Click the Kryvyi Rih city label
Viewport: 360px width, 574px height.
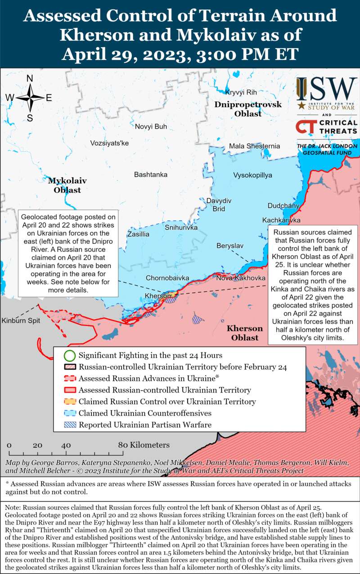(x=241, y=92)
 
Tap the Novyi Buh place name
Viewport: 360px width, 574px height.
(x=151, y=127)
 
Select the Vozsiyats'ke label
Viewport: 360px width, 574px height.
(x=109, y=143)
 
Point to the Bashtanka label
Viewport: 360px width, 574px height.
(x=151, y=174)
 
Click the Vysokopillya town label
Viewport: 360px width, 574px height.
(x=252, y=175)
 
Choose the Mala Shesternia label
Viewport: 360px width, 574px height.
(x=254, y=146)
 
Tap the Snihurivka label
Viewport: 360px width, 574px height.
(x=181, y=228)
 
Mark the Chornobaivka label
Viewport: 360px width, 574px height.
(x=167, y=278)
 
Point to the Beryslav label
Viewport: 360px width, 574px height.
(x=230, y=246)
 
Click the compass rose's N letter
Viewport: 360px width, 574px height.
(x=30, y=78)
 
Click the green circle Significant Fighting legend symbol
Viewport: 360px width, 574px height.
(x=69, y=356)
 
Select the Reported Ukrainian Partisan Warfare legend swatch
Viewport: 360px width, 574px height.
(x=69, y=424)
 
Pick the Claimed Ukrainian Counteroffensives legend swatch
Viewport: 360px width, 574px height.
(x=69, y=413)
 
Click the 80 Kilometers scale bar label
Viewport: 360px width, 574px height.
(x=144, y=445)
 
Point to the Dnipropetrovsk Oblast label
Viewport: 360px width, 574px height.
(x=247, y=109)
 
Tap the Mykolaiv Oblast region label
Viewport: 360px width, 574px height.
(x=67, y=185)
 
